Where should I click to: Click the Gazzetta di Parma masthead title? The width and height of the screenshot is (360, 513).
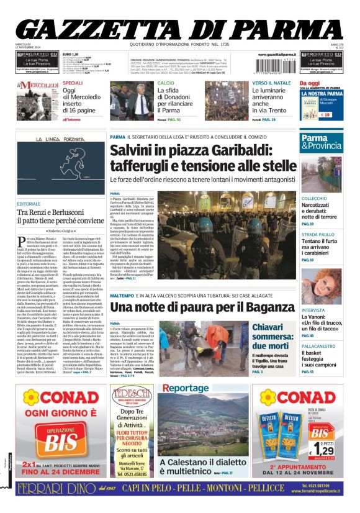coord(180,29)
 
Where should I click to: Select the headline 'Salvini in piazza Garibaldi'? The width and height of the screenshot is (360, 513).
coord(203,158)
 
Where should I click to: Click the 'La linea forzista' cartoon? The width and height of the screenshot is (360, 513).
coord(60,166)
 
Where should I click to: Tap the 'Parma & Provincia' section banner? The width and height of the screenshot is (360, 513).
coord(321,142)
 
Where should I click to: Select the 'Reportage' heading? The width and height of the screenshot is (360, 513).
coord(181,389)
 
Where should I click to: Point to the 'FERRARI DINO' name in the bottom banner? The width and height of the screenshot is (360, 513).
coord(56,489)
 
